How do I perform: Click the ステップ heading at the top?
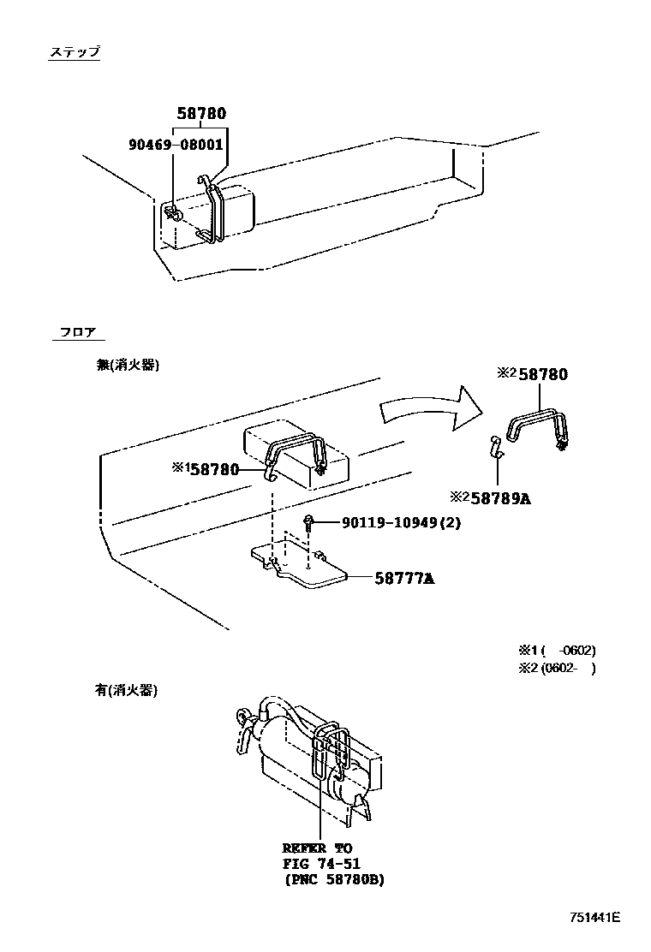74,53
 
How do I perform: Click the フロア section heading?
77,332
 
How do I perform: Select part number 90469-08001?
177,145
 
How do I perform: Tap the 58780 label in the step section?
202,113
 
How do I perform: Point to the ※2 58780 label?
532,374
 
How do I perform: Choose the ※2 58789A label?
490,498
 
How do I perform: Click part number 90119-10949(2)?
401,523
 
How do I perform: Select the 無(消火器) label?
128,365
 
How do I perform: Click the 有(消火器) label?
127,690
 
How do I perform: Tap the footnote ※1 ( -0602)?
556,650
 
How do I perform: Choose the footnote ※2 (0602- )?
556,669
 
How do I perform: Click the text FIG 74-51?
321,863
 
